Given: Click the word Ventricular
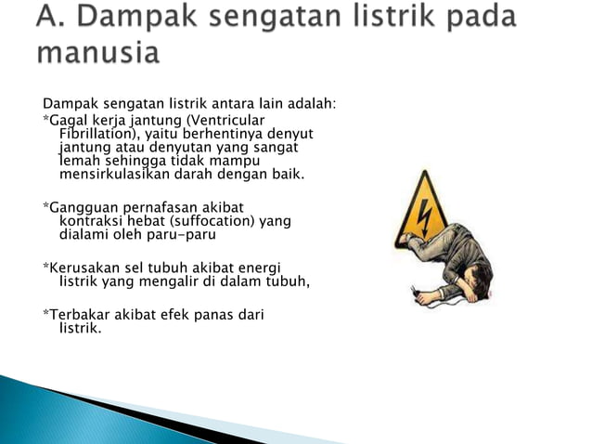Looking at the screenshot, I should (x=226, y=122).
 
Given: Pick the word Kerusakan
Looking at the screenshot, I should (x=84, y=268).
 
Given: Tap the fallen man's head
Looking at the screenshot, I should (x=473, y=282).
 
